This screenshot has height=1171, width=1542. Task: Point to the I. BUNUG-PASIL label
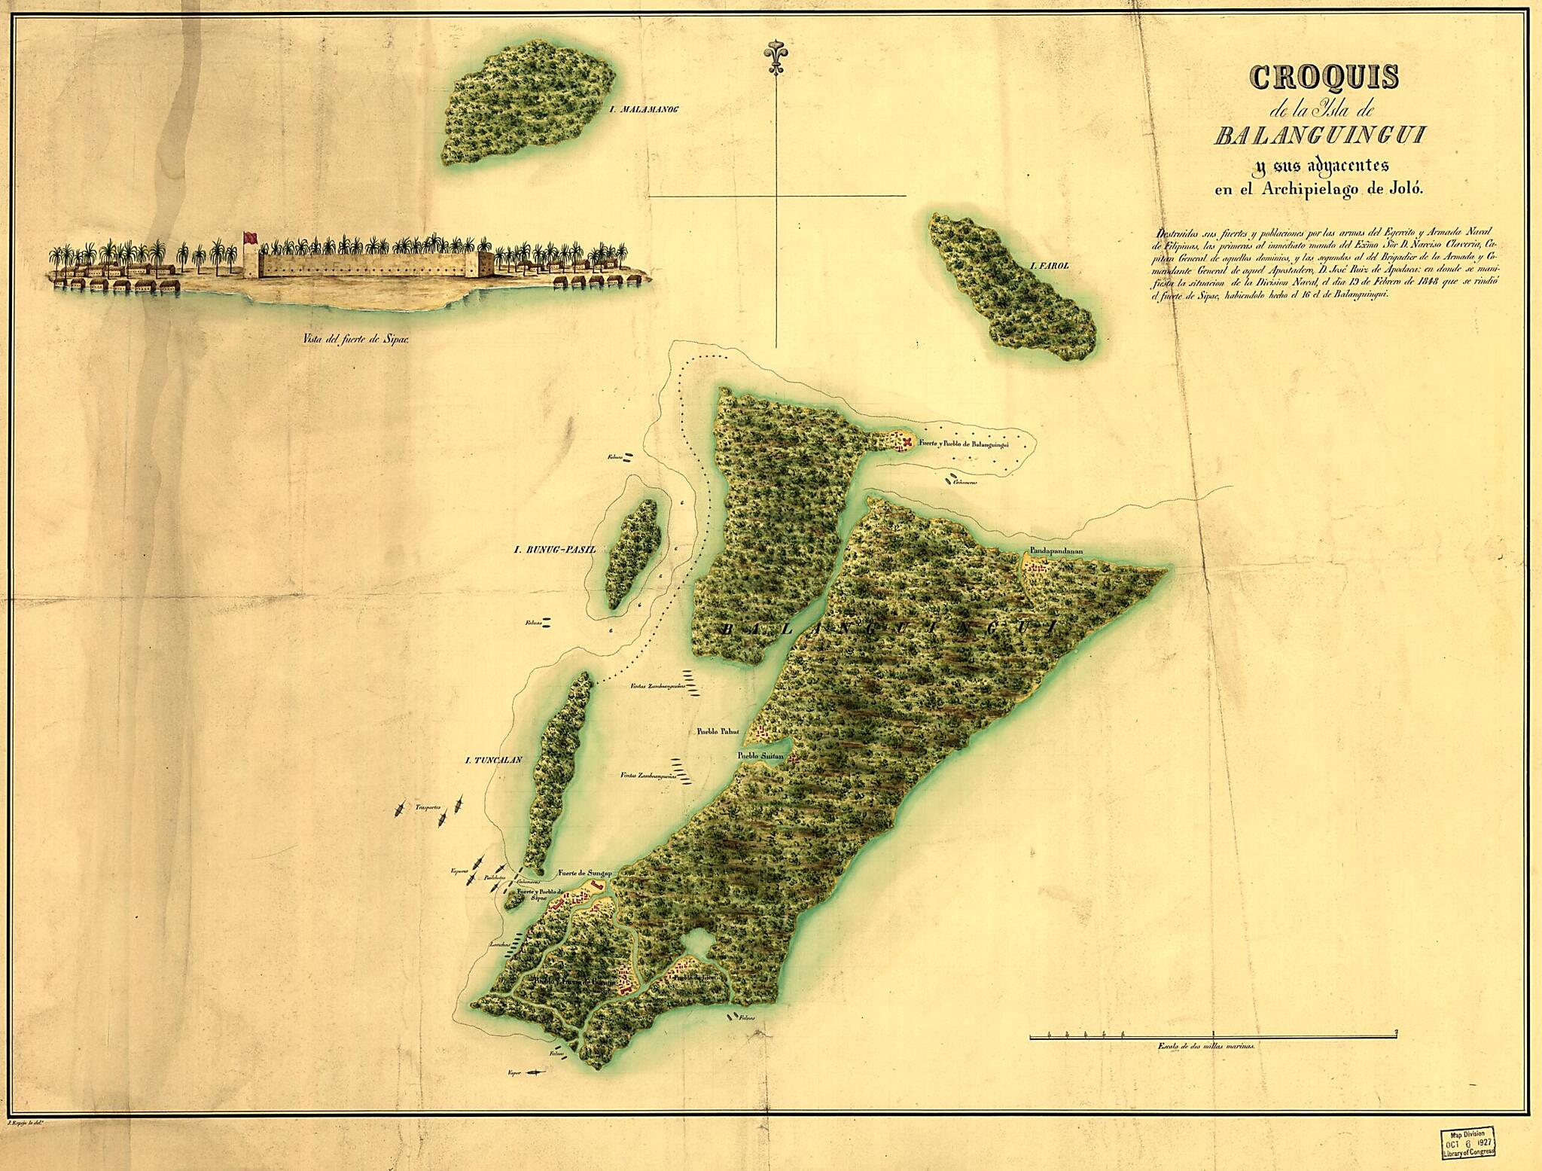(550, 550)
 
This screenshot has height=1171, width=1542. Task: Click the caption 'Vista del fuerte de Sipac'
(355, 338)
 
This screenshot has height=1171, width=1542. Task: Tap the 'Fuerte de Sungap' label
(583, 874)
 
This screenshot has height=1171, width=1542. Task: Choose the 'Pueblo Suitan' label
(761, 755)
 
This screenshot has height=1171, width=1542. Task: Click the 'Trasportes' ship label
(427, 809)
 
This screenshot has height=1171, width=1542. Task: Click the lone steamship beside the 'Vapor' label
(535, 1072)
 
